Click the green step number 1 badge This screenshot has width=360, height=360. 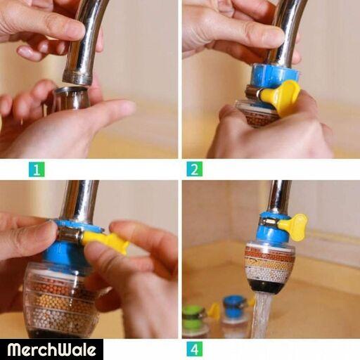[x=37, y=169]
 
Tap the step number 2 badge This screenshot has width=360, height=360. [x=195, y=169]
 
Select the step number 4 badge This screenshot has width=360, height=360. [x=195, y=349]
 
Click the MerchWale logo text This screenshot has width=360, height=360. [x=51, y=350]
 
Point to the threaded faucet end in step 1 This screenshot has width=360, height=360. [x=78, y=77]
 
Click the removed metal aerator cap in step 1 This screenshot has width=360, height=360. [x=71, y=98]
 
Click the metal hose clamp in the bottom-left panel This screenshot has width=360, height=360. [x=70, y=236]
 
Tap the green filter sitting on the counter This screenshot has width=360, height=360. [x=194, y=320]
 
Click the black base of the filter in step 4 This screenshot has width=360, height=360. [x=269, y=287]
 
